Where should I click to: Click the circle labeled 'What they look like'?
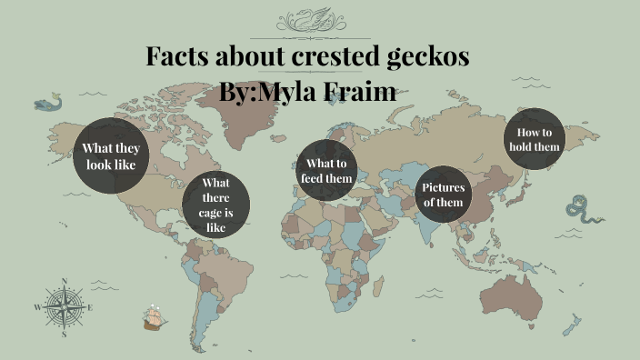tap(110, 156)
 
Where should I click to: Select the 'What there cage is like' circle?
tap(216, 205)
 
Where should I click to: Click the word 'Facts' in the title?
tap(181, 57)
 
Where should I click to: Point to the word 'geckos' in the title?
tap(425, 57)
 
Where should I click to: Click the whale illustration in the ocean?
tap(47, 103)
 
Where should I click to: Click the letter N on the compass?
tap(64, 281)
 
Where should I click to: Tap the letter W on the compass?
tap(37, 307)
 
